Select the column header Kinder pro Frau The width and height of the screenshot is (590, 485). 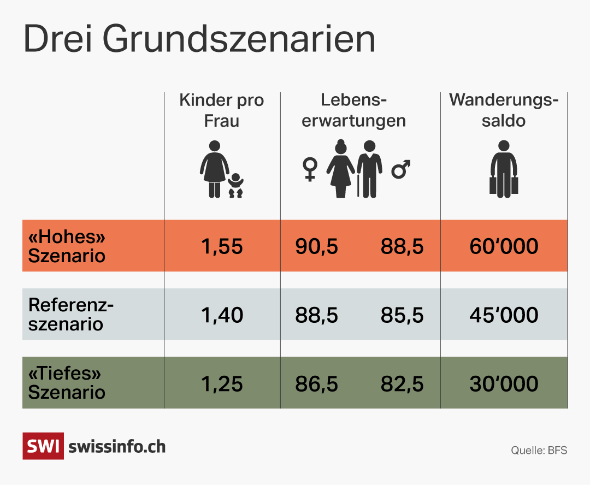[221, 110]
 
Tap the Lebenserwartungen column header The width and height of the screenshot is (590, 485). [353, 110]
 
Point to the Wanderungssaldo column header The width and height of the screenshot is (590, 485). [504, 110]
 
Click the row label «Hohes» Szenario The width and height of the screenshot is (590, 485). [67, 246]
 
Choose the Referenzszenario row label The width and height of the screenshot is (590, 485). [71, 315]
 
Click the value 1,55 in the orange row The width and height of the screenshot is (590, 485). [222, 247]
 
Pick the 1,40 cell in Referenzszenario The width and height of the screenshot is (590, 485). [222, 315]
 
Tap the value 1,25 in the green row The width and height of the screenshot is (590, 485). [222, 384]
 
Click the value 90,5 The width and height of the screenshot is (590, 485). [317, 247]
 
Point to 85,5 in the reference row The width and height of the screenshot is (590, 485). [402, 315]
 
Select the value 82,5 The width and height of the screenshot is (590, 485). [402, 384]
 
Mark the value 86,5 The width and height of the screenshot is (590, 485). [317, 384]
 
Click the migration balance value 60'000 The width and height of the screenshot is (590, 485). [504, 247]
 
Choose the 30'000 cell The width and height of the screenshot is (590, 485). [504, 384]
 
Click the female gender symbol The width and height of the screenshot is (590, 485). [310, 169]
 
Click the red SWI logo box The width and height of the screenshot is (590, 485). [43, 446]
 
